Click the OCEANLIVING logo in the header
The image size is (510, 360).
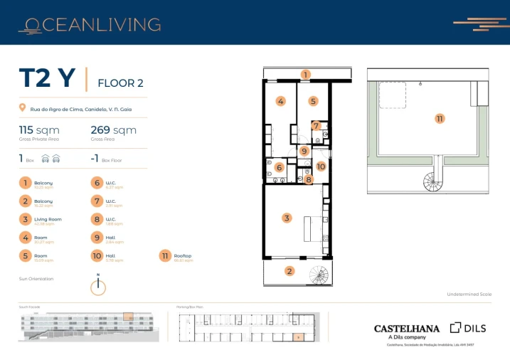pyautogui.click(x=90, y=26)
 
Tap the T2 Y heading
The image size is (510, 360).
pyautogui.click(x=47, y=79)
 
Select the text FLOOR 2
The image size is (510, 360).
pyautogui.click(x=120, y=83)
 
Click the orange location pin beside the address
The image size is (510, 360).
pyautogui.click(x=23, y=109)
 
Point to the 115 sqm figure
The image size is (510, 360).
pyautogui.click(x=39, y=130)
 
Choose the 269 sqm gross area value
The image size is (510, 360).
pyautogui.click(x=113, y=130)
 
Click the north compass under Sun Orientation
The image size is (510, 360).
pyautogui.click(x=99, y=286)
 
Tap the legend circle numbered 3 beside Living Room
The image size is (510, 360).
pyautogui.click(x=26, y=221)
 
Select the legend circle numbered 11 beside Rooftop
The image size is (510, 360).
pyautogui.click(x=166, y=257)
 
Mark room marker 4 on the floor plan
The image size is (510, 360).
pyautogui.click(x=281, y=102)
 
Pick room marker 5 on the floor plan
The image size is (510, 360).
pyautogui.click(x=312, y=102)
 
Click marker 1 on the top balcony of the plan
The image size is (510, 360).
pyautogui.click(x=305, y=74)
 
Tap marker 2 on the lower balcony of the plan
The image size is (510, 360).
pyautogui.click(x=289, y=270)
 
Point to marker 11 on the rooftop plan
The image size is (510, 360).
pyautogui.click(x=440, y=118)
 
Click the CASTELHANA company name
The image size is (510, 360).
pyautogui.click(x=407, y=329)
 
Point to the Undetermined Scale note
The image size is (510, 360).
pyautogui.click(x=469, y=294)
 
